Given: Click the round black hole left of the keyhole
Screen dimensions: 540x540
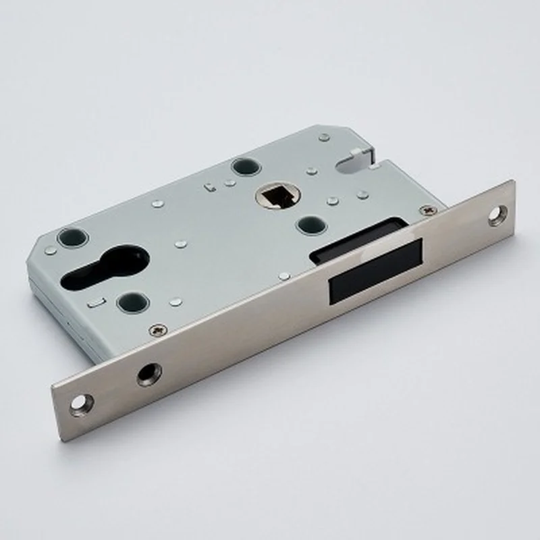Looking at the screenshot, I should click(72, 238).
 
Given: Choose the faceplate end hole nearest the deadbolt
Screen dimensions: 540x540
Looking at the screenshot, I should click(497, 215).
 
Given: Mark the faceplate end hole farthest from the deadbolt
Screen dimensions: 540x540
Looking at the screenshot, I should click(80, 403).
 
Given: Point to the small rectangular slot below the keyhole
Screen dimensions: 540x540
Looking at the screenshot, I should click(94, 304).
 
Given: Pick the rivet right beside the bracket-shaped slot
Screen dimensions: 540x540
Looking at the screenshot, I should click(230, 182).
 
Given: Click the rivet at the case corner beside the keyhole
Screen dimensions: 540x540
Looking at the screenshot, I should click(51, 250).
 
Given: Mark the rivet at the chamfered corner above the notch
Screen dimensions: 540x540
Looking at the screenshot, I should click(325, 136).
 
